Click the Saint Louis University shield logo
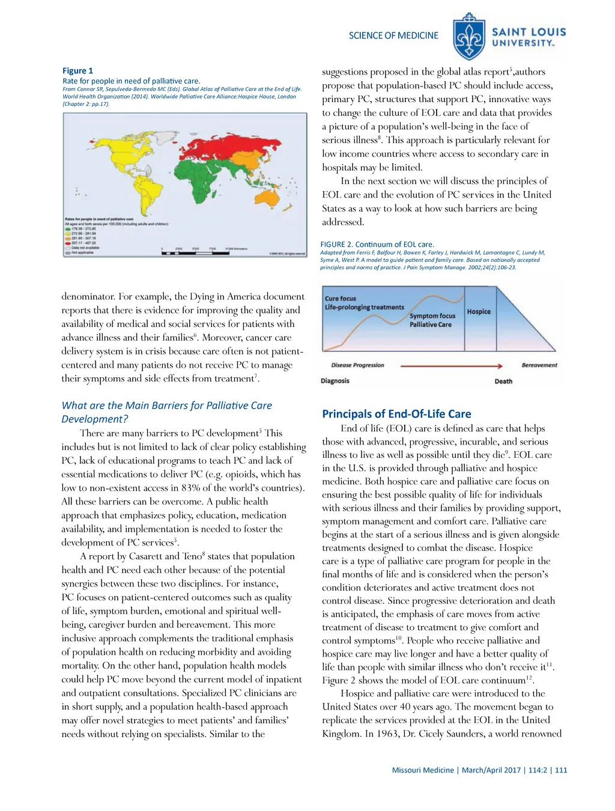coord(469,37)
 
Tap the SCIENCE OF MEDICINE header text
coord(393,35)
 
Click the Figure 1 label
coord(78,70)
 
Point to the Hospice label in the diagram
coord(479,312)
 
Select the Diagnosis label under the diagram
coord(335,381)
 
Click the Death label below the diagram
coord(503,381)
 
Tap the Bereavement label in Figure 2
coord(539,365)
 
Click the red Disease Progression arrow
coord(451,365)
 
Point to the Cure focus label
coord(341,299)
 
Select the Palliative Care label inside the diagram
coord(431,324)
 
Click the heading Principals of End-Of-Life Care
coord(396,414)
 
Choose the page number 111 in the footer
coord(561,770)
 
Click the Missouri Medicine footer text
coord(423,770)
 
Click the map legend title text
coord(99,219)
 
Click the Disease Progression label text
coord(357,365)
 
